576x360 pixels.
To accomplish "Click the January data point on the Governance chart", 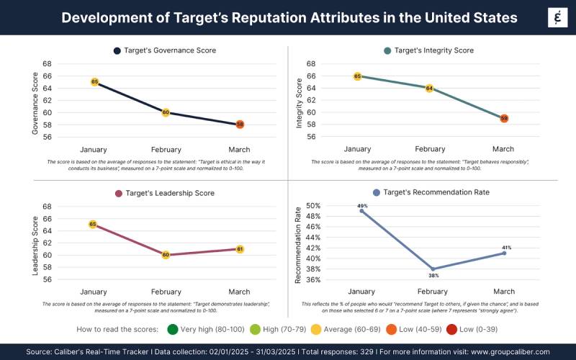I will click(x=94, y=82).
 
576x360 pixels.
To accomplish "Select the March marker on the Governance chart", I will click(x=240, y=124).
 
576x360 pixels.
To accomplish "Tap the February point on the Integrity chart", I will click(x=430, y=88).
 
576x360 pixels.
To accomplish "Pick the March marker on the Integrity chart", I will click(x=504, y=118).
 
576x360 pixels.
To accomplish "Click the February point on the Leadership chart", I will click(x=166, y=255).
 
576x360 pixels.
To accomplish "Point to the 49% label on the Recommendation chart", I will click(x=362, y=206).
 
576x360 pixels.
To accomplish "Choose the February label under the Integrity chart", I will click(x=430, y=149).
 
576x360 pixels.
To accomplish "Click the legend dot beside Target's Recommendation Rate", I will click(x=376, y=193).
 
